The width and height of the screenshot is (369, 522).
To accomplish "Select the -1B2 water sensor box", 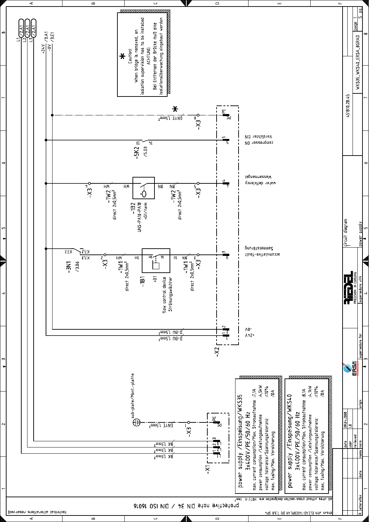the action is tap(143, 188).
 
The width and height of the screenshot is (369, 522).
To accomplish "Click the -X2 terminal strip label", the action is tap(216, 352).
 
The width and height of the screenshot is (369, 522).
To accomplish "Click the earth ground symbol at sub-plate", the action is tap(136, 422).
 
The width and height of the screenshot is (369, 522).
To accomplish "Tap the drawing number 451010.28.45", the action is tap(348, 106).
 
